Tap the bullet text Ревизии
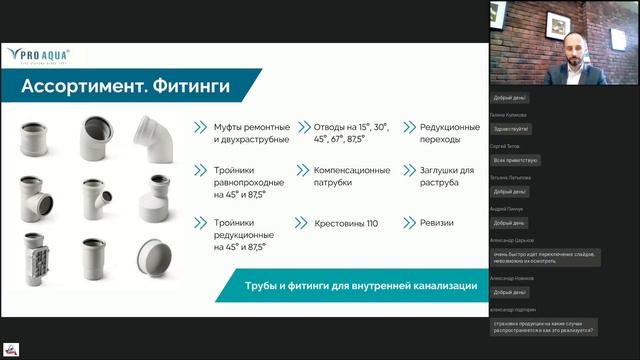click(436, 223)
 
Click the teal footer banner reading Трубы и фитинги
click(361, 286)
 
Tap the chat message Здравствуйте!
click(511, 129)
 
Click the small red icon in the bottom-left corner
click(11, 350)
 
